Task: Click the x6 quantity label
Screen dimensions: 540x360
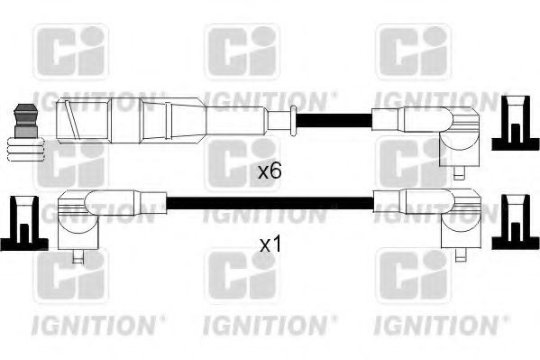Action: tap(270, 170)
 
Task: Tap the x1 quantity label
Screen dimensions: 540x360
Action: tap(270, 244)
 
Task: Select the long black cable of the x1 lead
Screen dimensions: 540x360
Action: tap(270, 200)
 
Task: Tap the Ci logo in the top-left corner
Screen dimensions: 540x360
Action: tap(69, 52)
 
